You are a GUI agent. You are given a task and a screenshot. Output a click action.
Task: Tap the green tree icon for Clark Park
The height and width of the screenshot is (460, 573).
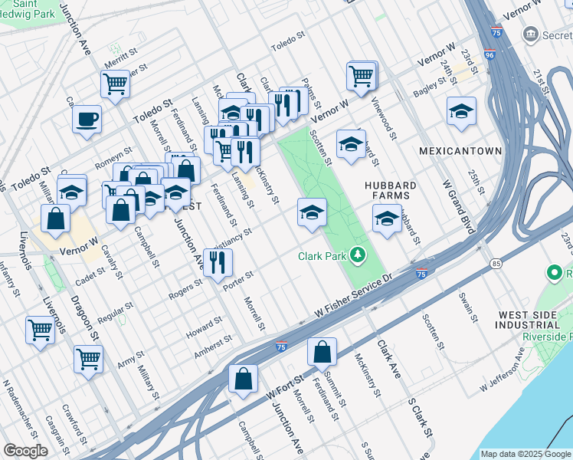click(x=357, y=254)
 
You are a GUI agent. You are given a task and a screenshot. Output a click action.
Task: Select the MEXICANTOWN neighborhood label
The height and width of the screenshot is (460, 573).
click(x=460, y=152)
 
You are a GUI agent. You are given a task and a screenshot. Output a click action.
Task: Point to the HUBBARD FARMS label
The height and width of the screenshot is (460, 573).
click(x=391, y=191)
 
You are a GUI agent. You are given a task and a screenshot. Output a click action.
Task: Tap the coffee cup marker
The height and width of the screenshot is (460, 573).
click(x=87, y=120)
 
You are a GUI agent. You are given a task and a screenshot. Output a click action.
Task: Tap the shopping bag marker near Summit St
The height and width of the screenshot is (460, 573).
click(x=323, y=352)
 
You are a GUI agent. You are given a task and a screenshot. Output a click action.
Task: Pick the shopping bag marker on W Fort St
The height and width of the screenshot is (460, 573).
click(x=243, y=379)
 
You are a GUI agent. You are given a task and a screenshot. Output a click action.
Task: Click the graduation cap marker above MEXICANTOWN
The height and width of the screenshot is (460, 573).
click(x=461, y=111)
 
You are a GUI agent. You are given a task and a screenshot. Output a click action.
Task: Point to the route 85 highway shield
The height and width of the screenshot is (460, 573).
click(x=497, y=264)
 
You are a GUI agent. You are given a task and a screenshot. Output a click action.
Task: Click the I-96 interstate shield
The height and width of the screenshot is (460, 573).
click(x=490, y=55)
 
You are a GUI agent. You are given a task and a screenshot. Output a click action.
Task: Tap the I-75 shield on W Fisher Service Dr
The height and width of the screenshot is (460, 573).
click(x=421, y=274)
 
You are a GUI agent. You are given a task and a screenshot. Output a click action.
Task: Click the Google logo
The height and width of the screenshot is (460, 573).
click(x=25, y=451)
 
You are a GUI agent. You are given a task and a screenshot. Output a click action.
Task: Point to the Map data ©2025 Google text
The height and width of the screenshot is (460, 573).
click(x=526, y=454)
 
